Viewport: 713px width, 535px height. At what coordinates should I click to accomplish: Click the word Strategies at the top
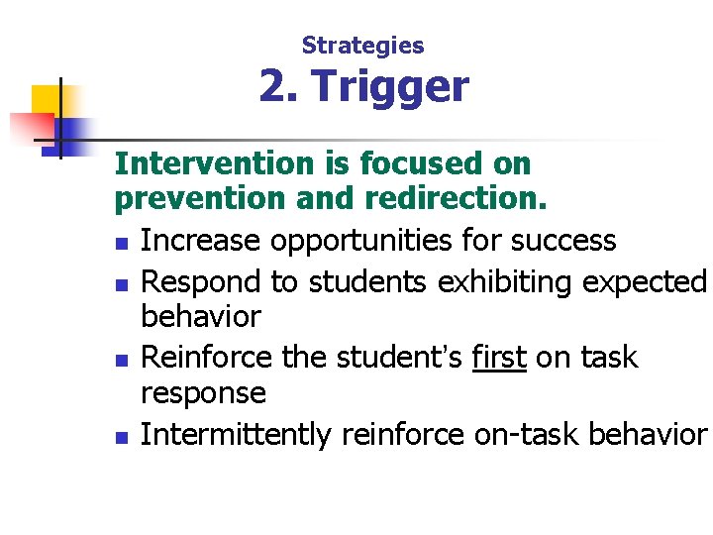coord(362,46)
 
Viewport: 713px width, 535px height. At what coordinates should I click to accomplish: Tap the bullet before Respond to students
coord(121,284)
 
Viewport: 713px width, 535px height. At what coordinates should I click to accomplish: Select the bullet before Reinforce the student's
coord(121,359)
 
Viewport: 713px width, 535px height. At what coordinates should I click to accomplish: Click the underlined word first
coord(499,357)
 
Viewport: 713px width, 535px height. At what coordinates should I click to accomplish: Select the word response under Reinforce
coord(203,394)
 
